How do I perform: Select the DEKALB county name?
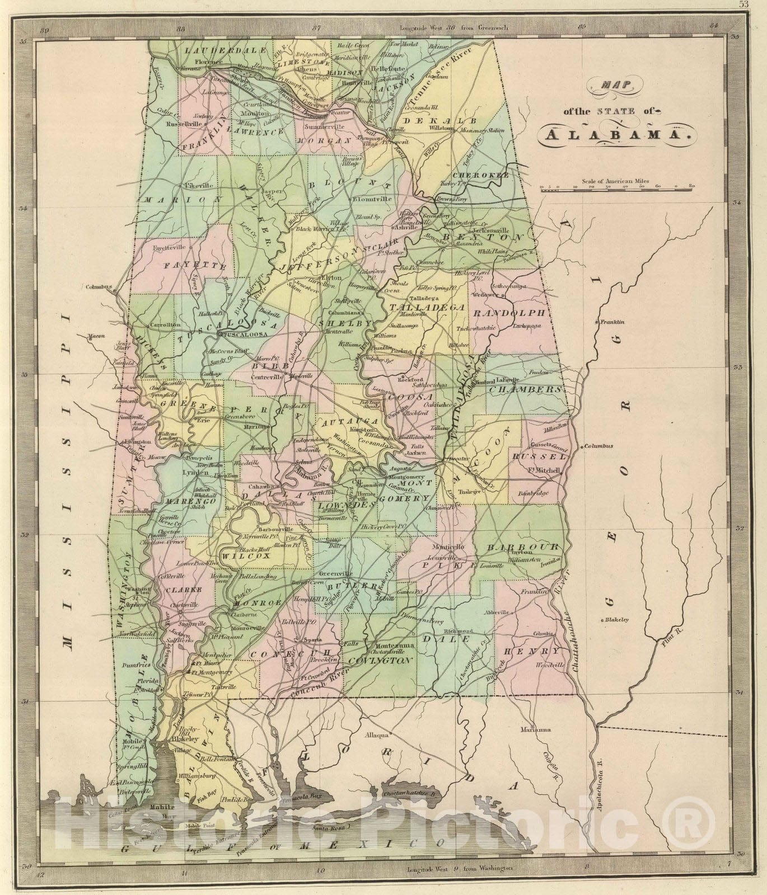coord(439,121)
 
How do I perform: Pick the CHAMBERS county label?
coord(525,389)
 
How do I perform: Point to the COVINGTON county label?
coord(380,661)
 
